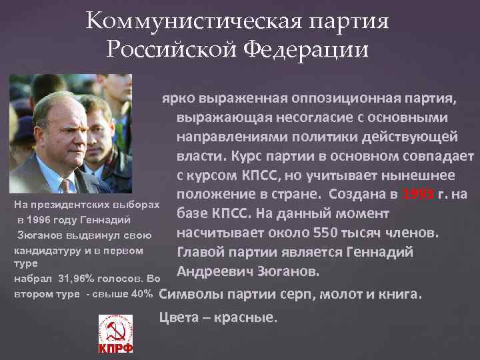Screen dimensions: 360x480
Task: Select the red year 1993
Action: (418, 195)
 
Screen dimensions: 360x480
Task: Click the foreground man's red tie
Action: (66, 185)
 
